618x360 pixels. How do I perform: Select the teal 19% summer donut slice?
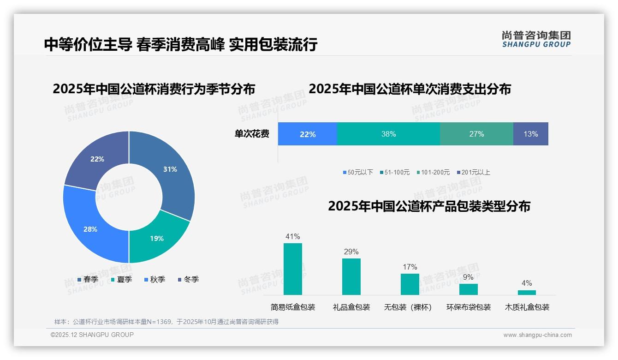coord(157,238)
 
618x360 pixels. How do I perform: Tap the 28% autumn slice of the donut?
coord(90,229)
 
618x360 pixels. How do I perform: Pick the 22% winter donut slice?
coord(97,159)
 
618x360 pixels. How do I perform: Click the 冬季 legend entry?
coord(188,279)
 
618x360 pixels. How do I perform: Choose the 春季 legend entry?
coord(88,279)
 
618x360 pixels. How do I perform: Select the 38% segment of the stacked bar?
coord(388,134)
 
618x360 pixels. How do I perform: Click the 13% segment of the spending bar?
coord(530,134)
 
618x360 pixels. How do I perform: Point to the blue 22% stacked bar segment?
coord(308,134)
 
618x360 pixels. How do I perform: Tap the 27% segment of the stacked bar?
coord(476,134)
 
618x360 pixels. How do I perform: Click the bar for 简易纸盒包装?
coord(292,269)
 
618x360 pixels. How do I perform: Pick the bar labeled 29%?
coord(351,276)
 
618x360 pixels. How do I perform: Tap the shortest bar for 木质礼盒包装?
coord(527,292)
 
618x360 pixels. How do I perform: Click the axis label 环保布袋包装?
coord(468,307)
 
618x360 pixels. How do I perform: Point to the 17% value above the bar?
coord(410,267)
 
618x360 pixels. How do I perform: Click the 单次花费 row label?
coord(252,134)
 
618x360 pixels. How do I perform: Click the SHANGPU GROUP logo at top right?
coord(536,39)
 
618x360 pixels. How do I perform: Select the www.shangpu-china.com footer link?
coord(537,335)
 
